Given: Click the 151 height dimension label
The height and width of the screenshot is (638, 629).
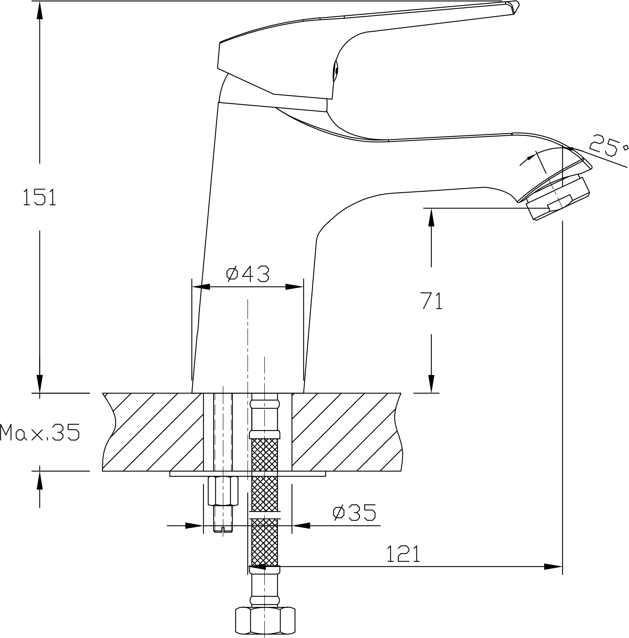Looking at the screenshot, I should [x=40, y=197].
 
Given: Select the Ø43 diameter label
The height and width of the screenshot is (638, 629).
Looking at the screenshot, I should [x=247, y=274].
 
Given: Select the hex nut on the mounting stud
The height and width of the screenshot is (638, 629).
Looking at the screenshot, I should [x=223, y=491].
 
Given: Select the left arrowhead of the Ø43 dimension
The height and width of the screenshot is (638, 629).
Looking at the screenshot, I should [x=200, y=287].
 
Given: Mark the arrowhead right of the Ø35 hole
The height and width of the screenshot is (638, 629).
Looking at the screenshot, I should [x=301, y=525].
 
